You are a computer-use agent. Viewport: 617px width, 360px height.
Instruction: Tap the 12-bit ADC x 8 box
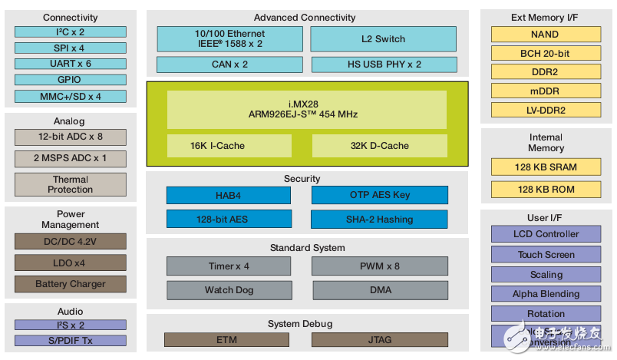(x=70, y=137)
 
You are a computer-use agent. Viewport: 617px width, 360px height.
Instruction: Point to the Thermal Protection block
(x=70, y=184)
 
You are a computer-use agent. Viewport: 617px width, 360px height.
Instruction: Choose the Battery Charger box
(x=70, y=284)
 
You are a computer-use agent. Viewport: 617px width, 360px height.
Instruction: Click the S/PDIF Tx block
(x=70, y=340)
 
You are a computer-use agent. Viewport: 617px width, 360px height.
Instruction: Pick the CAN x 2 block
(x=229, y=64)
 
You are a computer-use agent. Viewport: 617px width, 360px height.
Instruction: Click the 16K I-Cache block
(x=229, y=146)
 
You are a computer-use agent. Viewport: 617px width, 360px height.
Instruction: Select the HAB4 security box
(x=229, y=195)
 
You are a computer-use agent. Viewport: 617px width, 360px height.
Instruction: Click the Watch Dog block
(x=229, y=290)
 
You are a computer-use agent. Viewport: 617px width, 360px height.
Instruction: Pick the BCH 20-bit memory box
(x=545, y=54)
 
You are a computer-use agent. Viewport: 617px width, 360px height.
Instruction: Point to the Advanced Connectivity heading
(x=305, y=18)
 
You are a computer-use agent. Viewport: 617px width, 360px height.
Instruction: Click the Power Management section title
(x=70, y=220)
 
